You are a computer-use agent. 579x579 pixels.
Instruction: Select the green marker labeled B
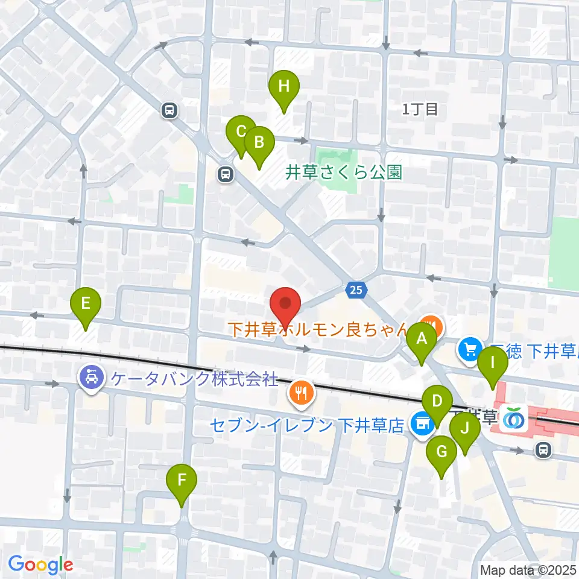pos(259,143)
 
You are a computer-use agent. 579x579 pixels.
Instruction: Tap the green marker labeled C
pos(241,131)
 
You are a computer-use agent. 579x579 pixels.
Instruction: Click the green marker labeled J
pos(464,429)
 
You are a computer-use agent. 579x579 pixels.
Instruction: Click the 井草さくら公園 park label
pos(343,173)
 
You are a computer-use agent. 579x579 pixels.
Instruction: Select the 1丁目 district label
pos(420,109)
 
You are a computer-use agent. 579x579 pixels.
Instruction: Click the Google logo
pos(40,565)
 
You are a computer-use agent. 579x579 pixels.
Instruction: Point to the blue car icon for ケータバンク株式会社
pos(91,378)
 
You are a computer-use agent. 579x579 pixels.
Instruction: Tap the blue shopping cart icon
pos(469,348)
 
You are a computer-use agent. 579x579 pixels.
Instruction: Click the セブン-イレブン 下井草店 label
pos(307,426)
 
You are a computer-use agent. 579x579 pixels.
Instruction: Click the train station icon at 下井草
pos(514,417)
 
